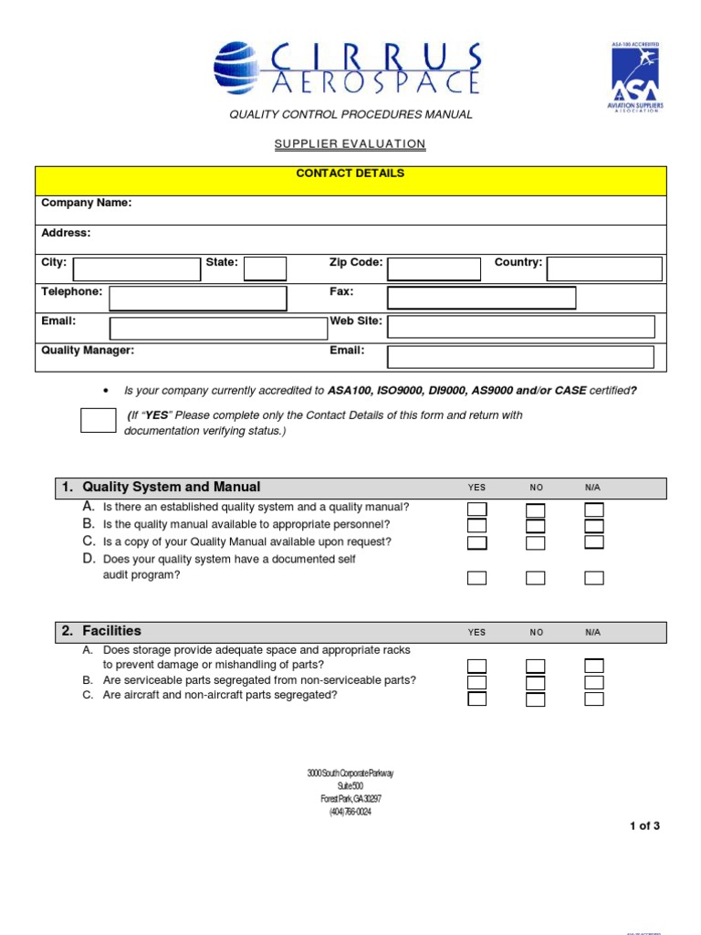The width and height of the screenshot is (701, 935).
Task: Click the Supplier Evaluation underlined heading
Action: [350, 144]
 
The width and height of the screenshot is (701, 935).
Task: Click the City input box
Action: [136, 268]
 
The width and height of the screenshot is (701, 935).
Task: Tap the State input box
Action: [265, 268]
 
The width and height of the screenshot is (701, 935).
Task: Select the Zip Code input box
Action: [434, 268]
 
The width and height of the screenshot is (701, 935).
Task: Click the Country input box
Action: [604, 268]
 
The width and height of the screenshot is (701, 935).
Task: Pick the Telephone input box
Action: [197, 299]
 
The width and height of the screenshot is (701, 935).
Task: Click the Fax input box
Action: [481, 298]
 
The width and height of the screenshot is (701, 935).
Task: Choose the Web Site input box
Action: [520, 327]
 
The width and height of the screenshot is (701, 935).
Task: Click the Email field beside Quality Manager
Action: [520, 356]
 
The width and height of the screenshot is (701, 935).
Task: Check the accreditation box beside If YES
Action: [98, 420]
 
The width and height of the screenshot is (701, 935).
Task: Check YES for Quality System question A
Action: [477, 510]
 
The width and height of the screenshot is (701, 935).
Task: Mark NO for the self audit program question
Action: [536, 578]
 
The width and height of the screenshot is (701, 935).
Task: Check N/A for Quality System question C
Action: [594, 543]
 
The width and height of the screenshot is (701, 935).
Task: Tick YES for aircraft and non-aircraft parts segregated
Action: [477, 699]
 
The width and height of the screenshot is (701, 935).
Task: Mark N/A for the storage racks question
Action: [594, 666]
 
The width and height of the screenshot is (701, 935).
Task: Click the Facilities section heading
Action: [111, 631]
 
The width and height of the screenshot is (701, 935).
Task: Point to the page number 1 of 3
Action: [644, 826]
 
